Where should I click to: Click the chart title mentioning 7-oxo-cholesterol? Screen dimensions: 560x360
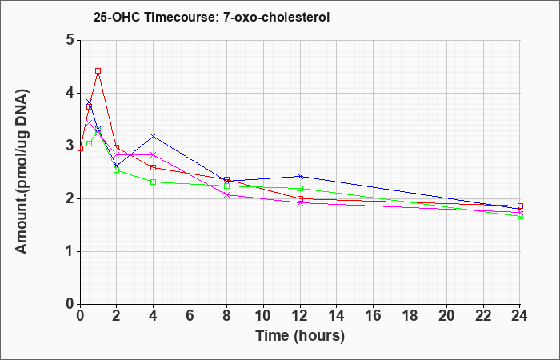click(x=211, y=17)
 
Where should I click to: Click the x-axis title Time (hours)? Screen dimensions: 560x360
click(x=300, y=336)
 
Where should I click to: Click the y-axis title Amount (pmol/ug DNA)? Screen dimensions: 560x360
click(x=22, y=171)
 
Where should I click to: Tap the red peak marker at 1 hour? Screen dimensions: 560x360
click(x=98, y=70)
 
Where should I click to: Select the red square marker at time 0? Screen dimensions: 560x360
click(x=80, y=148)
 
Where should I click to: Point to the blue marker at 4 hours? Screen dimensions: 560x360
click(x=154, y=136)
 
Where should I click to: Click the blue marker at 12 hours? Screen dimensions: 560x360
click(x=300, y=176)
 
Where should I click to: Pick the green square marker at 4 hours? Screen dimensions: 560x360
click(x=154, y=182)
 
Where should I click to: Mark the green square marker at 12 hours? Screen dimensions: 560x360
click(x=300, y=188)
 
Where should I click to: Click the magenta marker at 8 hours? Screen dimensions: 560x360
click(x=226, y=194)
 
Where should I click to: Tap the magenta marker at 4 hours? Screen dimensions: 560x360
click(x=154, y=154)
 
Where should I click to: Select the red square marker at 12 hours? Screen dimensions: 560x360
click(x=300, y=198)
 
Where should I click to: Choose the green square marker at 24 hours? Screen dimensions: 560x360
click(x=520, y=217)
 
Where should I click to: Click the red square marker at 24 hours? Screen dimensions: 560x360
click(x=520, y=206)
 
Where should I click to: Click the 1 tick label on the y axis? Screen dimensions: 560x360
click(x=70, y=251)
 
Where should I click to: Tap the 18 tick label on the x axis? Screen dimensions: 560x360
click(x=410, y=316)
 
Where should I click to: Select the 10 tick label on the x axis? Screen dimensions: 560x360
click(x=263, y=316)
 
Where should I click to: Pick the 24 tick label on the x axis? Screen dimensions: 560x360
click(x=520, y=316)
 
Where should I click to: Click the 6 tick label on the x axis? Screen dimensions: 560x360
click(x=190, y=316)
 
